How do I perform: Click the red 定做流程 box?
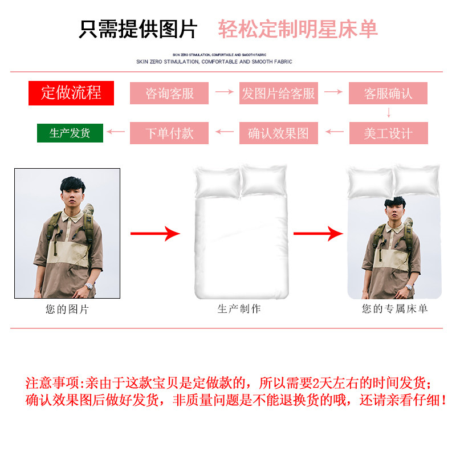coord(71,93)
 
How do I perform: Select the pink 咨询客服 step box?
coord(169,93)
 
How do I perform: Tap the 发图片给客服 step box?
coord(278,93)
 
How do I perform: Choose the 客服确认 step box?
coord(388,93)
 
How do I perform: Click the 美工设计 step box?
coord(388,133)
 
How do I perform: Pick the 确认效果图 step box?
coord(278,133)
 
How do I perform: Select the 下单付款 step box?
coord(169,133)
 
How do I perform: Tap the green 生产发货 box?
coord(70,133)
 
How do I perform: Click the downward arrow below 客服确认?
coord(389,113)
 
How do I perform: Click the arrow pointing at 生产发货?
coord(116,132)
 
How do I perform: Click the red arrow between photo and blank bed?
coord(155,233)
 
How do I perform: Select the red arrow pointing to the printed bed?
coord(318,233)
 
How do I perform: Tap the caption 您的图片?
coord(67,310)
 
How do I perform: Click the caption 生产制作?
coord(239,309)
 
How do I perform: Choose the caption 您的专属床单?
coord(394,309)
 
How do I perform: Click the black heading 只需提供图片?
coord(138,29)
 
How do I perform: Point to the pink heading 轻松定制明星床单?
coord(298,29)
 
